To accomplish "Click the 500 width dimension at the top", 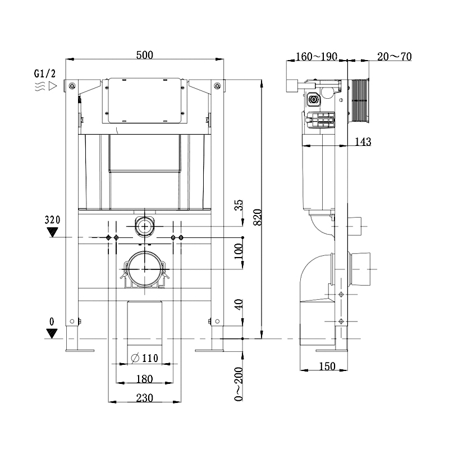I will coord(145,54).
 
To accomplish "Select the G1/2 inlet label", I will coord(44,74).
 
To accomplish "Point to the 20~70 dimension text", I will coord(394,56).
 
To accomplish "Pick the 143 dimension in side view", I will coord(363,141).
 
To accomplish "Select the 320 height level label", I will coord(52,219).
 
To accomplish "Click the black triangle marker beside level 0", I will coord(52,334).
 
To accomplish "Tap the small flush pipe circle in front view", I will coord(145,227).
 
